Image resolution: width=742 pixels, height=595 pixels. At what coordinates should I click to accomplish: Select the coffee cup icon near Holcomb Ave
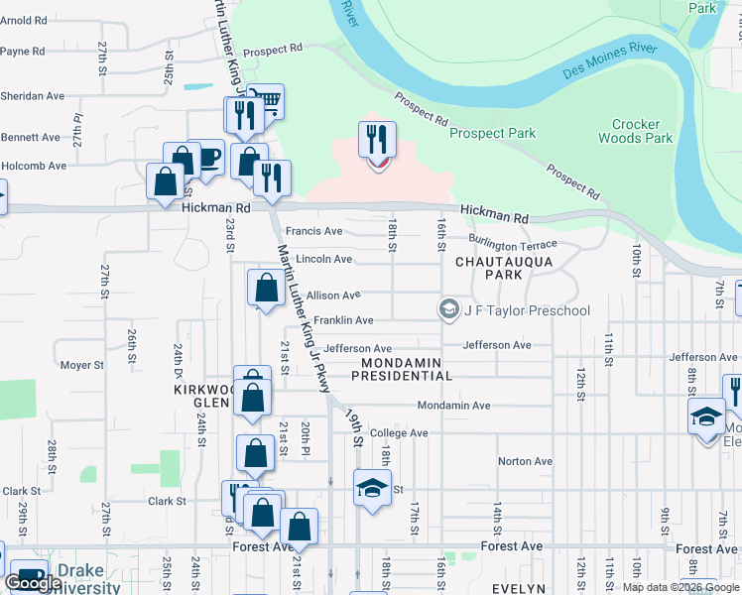pyautogui.click(x=206, y=157)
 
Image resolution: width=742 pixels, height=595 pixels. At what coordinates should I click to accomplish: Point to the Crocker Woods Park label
pyautogui.click(x=636, y=131)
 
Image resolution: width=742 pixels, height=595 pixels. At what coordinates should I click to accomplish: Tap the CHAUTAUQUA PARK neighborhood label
pyautogui.click(x=503, y=269)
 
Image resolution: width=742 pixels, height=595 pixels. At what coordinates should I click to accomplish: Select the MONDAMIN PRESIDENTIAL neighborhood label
pyautogui.click(x=401, y=370)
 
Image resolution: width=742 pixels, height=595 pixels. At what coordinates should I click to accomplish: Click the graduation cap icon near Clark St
pyautogui.click(x=373, y=488)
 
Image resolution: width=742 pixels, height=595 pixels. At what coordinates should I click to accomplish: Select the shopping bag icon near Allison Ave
pyautogui.click(x=266, y=289)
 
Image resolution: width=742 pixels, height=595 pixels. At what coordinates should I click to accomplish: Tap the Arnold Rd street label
pyautogui.click(x=25, y=20)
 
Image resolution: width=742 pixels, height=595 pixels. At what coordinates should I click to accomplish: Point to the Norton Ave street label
pyautogui.click(x=525, y=461)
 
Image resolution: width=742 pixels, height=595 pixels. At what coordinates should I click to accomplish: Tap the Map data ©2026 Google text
pyautogui.click(x=680, y=587)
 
